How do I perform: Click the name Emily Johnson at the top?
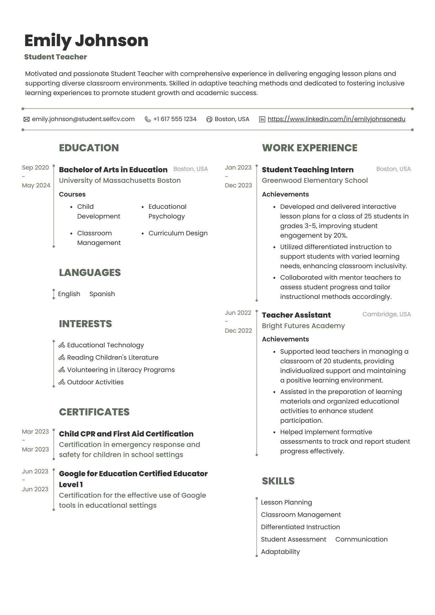86,41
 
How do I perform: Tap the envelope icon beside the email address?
26,119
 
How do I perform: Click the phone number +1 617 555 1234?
175,119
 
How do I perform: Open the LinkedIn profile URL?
336,119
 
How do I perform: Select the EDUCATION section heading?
89,148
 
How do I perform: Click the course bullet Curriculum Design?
178,233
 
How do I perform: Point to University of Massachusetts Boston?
120,180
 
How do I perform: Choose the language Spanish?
102,294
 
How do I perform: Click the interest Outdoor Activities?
95,382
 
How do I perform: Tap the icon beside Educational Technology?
62,345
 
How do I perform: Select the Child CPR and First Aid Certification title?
126,434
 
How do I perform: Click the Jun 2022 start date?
238,313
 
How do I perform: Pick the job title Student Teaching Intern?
307,170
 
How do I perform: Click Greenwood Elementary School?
314,180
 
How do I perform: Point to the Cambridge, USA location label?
386,314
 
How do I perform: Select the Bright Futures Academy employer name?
303,326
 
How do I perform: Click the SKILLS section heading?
278,481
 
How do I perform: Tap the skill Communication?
361,539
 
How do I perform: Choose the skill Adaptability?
280,552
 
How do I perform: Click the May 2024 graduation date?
36,185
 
